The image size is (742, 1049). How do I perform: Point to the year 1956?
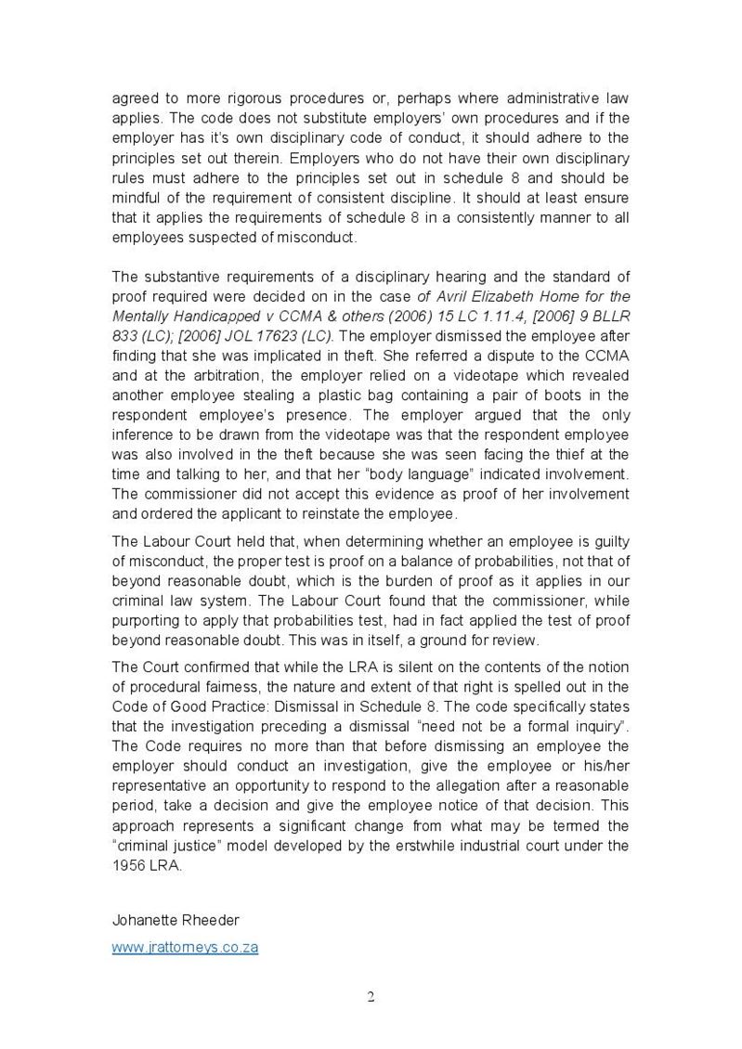pos(128,864)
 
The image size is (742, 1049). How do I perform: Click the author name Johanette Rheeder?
pos(176,920)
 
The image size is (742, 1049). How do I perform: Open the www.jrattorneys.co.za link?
pos(185,948)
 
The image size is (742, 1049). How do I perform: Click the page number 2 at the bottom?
pos(371,998)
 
